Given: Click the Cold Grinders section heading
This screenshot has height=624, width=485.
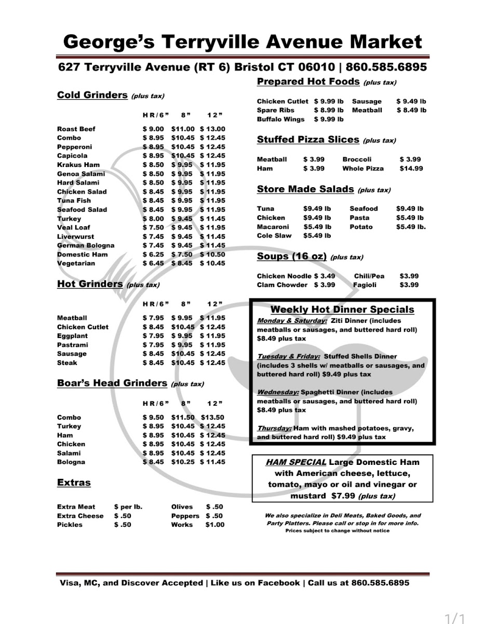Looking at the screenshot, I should (x=92, y=95).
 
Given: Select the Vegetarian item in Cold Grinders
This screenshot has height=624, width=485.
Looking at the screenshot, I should (x=76, y=263).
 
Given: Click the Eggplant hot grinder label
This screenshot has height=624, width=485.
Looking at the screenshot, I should (x=72, y=336).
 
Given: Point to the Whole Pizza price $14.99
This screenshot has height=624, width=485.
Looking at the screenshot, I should (x=411, y=168).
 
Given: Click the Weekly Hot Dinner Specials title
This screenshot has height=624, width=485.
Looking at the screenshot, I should (x=342, y=310).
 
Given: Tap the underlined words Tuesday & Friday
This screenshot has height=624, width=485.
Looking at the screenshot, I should (x=289, y=357).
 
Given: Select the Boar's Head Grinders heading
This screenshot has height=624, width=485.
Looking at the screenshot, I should (x=112, y=383).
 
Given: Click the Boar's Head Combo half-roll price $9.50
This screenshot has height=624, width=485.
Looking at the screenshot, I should (x=153, y=418).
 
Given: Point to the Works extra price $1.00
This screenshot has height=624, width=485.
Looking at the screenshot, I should (x=215, y=525).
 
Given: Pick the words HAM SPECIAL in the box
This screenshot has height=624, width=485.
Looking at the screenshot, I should (x=296, y=462).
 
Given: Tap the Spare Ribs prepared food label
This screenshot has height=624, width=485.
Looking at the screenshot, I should (x=275, y=110).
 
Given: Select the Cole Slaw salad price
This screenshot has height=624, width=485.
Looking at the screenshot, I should (x=317, y=236).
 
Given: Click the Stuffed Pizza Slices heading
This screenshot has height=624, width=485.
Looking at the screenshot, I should (x=308, y=140).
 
